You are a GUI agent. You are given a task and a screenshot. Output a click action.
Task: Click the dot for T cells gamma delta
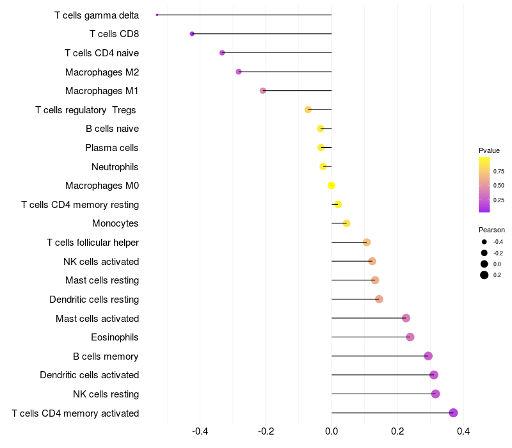point(157,15)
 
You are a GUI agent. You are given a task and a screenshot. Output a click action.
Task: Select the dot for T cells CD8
point(192,34)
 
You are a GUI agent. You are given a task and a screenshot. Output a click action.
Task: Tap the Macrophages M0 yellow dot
point(331,186)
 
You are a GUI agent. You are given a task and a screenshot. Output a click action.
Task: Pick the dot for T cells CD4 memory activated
point(453,413)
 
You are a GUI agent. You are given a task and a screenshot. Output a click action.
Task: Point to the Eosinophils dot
point(410,337)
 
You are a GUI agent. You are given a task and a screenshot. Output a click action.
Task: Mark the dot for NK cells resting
point(435,394)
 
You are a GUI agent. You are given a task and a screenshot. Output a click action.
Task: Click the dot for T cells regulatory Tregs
point(308,109)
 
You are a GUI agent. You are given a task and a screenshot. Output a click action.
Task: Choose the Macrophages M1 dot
point(263,91)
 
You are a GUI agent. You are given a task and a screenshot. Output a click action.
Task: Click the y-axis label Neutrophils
point(115,167)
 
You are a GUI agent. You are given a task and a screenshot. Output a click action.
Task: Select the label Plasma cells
point(112,148)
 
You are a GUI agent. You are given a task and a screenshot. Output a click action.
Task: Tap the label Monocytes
point(115,223)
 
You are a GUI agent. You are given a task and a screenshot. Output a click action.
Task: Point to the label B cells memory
point(106,356)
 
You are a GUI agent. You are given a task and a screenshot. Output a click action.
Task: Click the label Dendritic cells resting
point(94,300)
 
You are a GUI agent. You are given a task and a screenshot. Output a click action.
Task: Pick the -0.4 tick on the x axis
point(200,431)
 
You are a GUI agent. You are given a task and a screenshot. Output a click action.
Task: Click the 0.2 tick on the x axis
point(397,431)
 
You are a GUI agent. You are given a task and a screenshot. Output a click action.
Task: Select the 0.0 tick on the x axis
point(332,431)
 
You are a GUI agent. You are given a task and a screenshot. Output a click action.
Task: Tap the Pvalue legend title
point(489,150)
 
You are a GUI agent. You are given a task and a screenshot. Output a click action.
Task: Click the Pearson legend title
point(492,230)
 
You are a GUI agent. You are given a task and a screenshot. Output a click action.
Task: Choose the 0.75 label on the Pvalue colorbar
point(499,172)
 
